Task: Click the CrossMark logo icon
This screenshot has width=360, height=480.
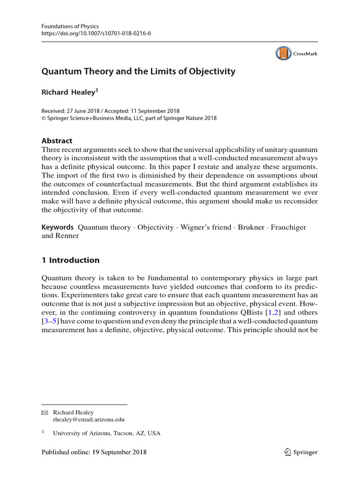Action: coord(283,53)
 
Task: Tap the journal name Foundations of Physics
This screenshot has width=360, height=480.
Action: coord(70,26)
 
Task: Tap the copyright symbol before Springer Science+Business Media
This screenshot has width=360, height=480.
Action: coord(44,118)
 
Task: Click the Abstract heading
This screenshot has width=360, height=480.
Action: coord(57,140)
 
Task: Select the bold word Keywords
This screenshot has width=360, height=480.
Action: coord(58,227)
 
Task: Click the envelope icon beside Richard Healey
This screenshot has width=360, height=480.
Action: coord(45,412)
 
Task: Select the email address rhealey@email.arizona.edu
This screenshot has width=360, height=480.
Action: coord(89,420)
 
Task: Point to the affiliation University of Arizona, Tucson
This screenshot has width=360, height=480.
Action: coord(106,434)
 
